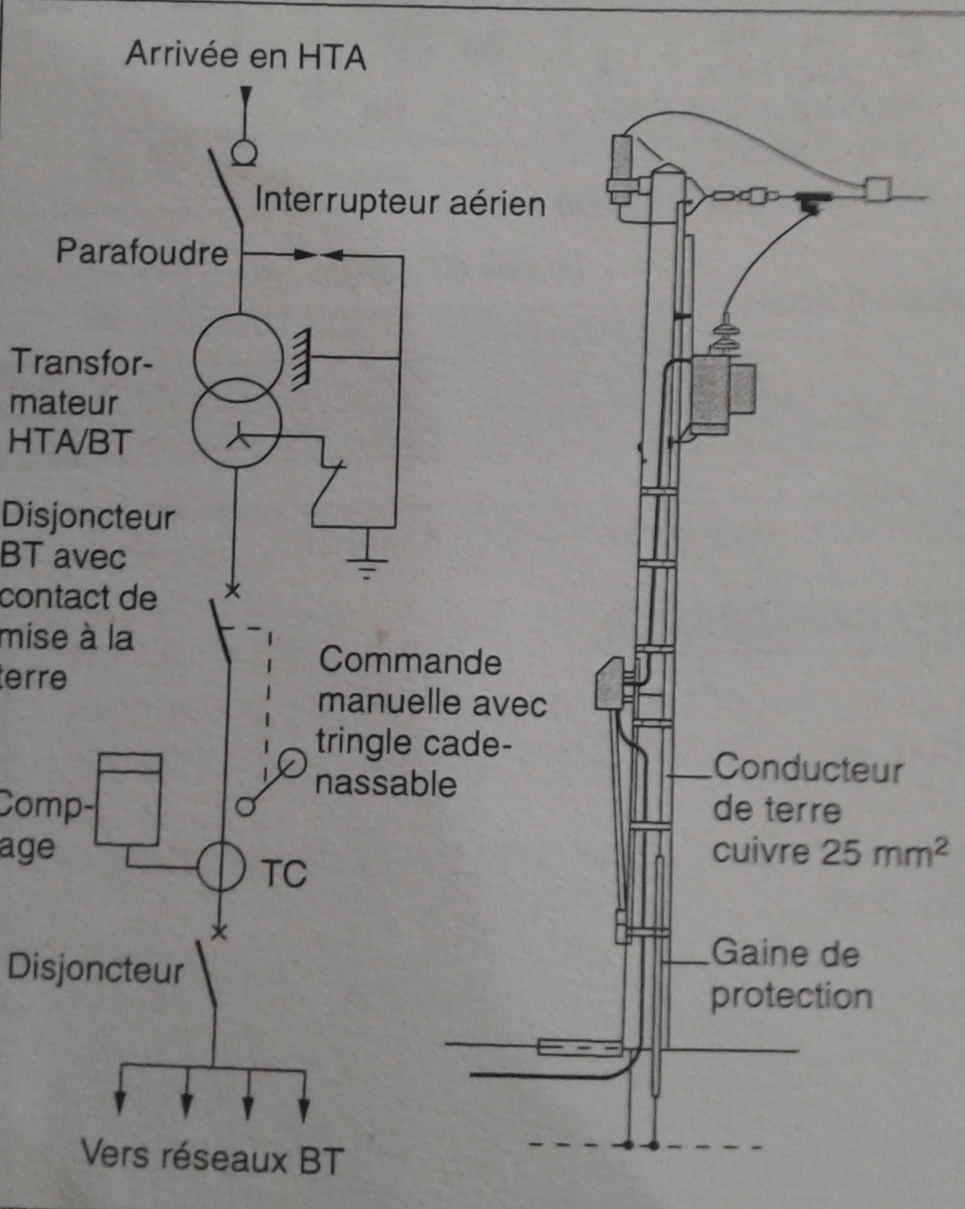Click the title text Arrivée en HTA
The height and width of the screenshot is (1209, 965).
coord(245,56)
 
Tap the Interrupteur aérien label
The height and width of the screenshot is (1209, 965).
coord(399,202)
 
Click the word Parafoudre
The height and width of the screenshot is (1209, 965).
coord(142,252)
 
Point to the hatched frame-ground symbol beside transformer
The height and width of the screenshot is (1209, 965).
coord(301,360)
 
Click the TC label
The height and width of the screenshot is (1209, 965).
coord(284,874)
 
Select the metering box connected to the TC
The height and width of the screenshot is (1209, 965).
coord(128,799)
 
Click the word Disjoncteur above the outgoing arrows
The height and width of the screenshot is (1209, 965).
coord(95,968)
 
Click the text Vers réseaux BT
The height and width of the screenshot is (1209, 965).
coord(212,1158)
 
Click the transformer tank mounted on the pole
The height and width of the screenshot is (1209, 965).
coord(721,393)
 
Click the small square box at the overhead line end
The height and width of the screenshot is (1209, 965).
coord(877,190)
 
